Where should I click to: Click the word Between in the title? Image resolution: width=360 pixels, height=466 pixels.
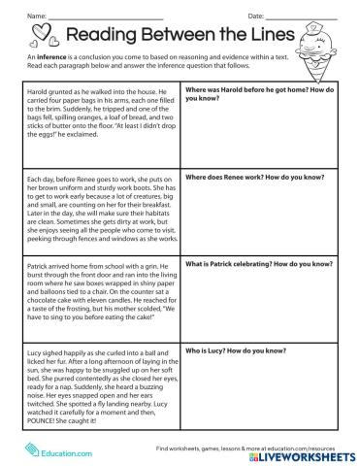coord(180,37)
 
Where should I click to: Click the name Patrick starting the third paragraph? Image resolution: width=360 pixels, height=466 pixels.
coord(34,263)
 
